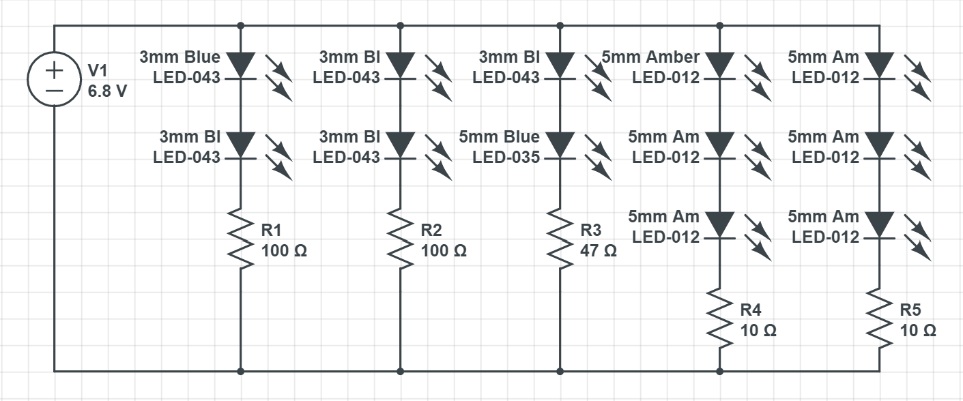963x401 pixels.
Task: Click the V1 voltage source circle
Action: point(54,81)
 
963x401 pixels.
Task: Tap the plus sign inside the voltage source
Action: point(54,70)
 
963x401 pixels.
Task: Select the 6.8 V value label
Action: point(107,91)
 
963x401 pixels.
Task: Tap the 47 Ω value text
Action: point(598,251)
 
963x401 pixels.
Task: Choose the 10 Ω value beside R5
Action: point(918,331)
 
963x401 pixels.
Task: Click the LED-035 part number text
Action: point(506,158)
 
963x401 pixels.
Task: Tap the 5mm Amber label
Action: point(650,57)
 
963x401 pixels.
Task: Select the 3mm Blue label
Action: point(179,57)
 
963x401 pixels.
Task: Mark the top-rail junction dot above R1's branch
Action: point(240,26)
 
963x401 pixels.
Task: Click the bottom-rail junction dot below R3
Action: point(560,372)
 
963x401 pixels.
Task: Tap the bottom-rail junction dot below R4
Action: point(719,372)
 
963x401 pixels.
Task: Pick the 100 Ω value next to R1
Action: point(284,251)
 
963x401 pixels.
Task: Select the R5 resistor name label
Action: point(910,310)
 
